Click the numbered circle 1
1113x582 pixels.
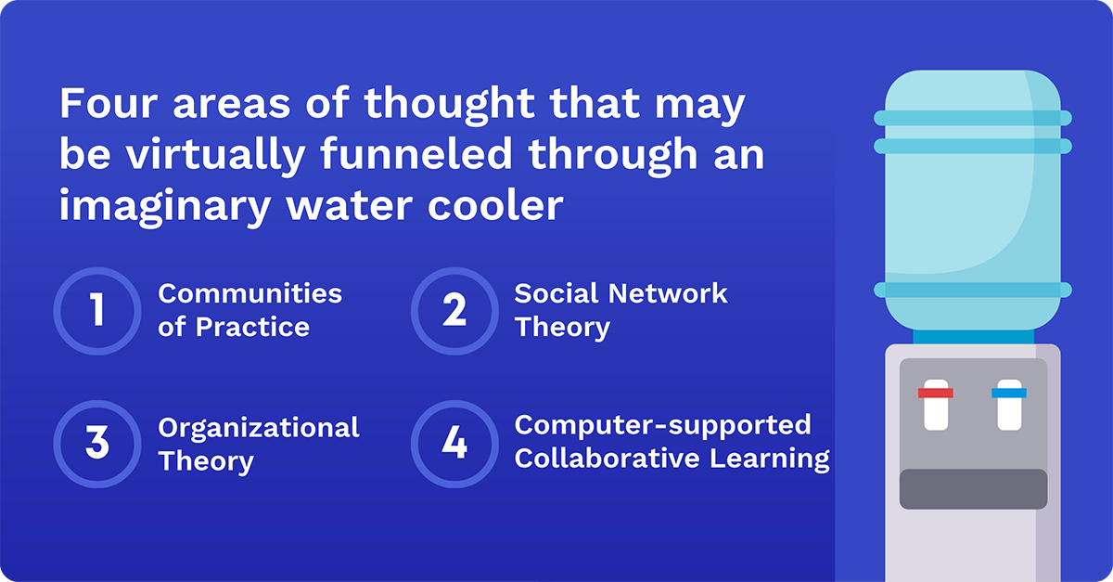point(96,310)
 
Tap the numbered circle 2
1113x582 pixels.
point(454,310)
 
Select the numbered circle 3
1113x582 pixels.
point(96,443)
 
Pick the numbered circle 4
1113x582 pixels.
point(454,443)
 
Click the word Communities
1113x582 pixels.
point(249,294)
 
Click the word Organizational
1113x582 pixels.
point(259,428)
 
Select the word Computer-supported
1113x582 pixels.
point(662,425)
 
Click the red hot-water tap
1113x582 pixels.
point(936,394)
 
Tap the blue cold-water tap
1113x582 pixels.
point(1009,394)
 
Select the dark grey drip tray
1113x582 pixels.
point(973,489)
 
